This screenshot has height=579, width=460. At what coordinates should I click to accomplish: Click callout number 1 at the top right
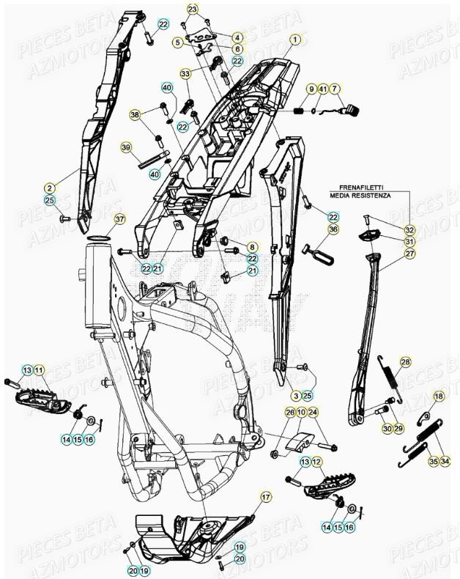[x=294, y=39]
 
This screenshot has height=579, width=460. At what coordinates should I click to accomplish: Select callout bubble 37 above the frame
[x=119, y=218]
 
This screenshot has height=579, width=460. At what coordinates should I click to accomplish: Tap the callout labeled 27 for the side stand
[x=409, y=254]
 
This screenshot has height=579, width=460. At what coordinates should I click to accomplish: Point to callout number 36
[x=333, y=229]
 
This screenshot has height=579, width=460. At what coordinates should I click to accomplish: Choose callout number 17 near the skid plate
[x=266, y=497]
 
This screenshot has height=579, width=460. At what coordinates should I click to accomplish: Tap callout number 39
[x=126, y=148]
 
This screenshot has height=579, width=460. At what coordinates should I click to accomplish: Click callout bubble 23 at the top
[x=193, y=9]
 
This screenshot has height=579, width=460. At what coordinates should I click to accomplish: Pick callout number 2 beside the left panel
[x=50, y=188]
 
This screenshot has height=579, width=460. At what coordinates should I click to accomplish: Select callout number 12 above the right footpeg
[x=316, y=462]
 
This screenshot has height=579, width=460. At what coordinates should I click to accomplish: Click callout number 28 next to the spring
[x=405, y=362]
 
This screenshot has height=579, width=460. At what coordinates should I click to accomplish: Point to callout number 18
[x=438, y=397]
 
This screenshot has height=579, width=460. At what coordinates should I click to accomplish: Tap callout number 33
[x=185, y=73]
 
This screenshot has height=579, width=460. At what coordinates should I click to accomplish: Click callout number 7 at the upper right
[x=335, y=89]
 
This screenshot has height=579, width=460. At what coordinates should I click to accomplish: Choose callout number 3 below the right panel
[x=296, y=397]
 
